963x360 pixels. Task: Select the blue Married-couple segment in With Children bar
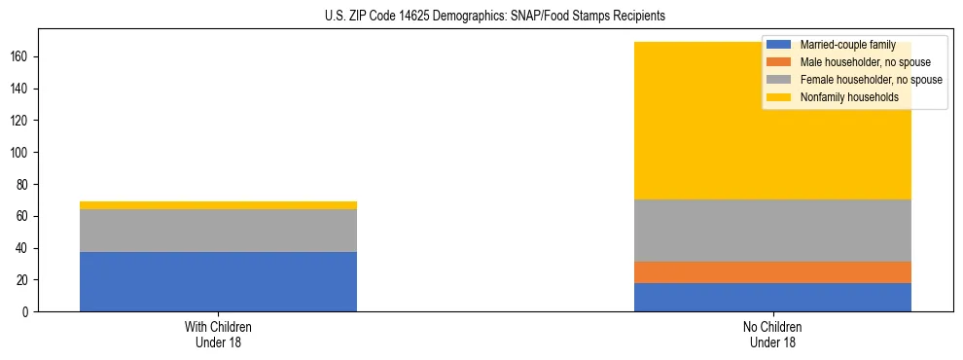[218, 281]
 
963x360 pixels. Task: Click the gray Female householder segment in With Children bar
[218, 231]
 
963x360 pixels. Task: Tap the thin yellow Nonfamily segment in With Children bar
[218, 205]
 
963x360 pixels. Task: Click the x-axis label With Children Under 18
[218, 334]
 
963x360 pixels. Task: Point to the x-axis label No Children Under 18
[772, 334]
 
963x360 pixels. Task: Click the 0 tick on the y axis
[27, 312]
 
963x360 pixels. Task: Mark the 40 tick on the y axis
[24, 248]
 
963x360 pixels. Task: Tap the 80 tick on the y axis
[24, 184]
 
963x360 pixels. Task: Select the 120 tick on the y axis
[21, 121]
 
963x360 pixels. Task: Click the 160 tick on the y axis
[21, 56]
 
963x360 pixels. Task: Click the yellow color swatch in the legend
[779, 97]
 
